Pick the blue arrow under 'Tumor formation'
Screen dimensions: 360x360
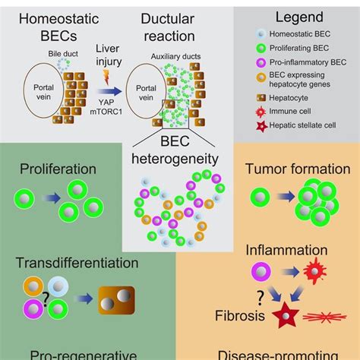279,200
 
